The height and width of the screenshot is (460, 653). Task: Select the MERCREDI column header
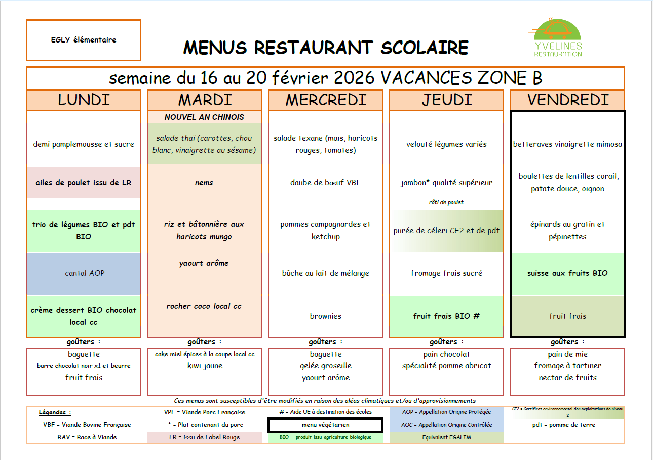325,100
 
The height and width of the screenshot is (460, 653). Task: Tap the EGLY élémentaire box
84,40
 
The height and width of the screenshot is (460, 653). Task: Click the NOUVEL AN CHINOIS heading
204,117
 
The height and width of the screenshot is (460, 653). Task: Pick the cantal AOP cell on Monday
84,273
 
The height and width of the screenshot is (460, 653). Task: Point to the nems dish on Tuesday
204,183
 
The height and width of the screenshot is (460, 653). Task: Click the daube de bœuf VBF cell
325,183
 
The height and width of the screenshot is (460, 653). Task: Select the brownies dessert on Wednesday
325,316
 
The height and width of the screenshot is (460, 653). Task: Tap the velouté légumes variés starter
446,144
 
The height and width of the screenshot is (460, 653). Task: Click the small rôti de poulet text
446,202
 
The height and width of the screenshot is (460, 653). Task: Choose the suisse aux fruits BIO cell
567,273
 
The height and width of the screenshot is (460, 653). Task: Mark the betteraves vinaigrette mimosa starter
567,144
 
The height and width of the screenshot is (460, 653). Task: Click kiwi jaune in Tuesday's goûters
204,366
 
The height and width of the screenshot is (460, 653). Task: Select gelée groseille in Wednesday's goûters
325,366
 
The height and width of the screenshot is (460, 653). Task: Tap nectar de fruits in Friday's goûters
567,378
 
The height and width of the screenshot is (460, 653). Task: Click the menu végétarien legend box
325,425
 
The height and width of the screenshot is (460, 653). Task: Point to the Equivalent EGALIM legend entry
446,437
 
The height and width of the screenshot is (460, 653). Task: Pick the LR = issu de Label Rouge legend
204,437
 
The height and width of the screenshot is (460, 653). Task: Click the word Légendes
55,412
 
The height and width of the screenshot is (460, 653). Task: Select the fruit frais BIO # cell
446,316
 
